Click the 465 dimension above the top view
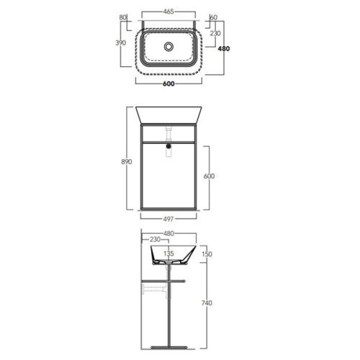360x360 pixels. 168,12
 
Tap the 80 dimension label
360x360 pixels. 122,17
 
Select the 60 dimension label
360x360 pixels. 214,17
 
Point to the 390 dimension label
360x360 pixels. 120,42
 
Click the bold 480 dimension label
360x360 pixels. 224,48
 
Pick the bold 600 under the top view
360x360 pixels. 168,84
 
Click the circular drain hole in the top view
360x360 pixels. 168,46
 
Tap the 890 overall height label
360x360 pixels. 127,161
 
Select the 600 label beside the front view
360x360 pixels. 209,176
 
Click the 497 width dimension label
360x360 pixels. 168,219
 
